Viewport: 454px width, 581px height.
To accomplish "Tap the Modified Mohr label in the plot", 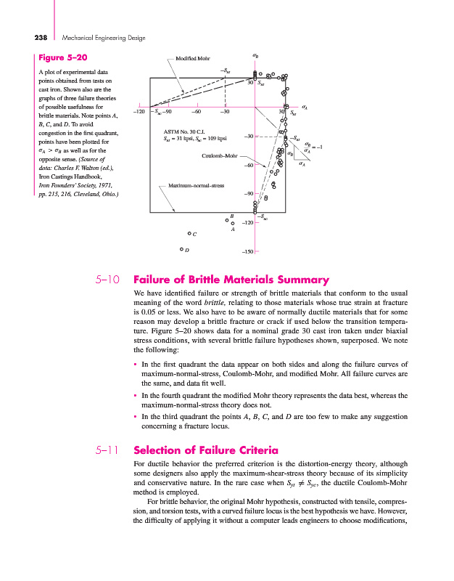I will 191,57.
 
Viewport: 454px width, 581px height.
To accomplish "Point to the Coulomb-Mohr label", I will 220,155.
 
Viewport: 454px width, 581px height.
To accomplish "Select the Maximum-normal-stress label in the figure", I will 196,187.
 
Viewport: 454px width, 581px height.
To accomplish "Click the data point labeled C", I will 189,234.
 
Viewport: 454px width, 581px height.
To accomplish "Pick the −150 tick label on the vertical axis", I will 247,251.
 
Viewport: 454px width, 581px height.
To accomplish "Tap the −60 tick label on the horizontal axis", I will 196,111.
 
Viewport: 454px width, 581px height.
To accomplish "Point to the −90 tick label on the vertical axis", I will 247,193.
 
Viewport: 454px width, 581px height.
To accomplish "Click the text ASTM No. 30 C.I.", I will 186,131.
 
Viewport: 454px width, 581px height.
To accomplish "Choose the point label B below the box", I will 231,216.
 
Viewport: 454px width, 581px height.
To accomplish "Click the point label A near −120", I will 233,229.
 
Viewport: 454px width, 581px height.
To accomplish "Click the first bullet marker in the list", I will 136,364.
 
